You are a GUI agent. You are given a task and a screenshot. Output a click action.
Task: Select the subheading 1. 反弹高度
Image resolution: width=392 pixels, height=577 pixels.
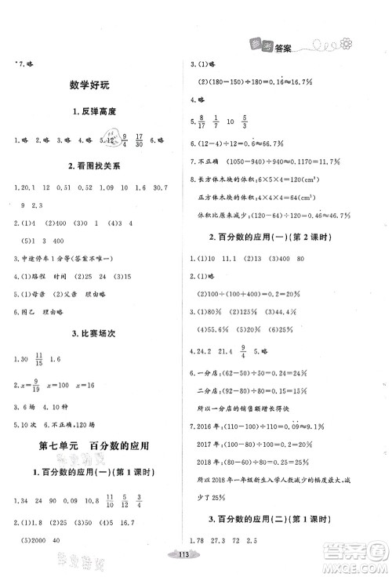[98, 112]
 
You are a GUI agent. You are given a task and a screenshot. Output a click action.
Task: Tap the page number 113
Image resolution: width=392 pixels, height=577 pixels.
[195, 566]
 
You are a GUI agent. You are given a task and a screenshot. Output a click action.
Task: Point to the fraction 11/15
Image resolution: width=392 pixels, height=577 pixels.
[52, 339]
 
